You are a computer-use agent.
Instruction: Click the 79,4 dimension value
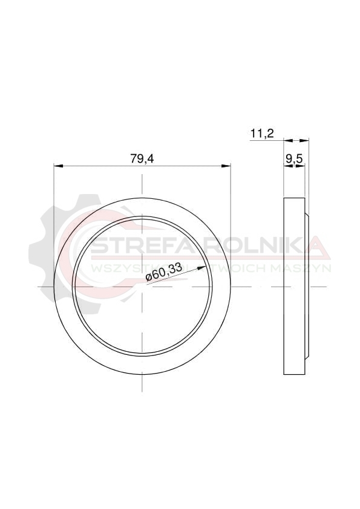click(x=142, y=158)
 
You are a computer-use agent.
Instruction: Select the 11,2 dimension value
click(x=263, y=133)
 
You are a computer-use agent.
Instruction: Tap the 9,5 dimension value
click(x=295, y=159)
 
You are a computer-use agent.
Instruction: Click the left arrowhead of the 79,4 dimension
click(x=58, y=166)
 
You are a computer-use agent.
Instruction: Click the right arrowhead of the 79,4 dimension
click(x=226, y=166)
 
